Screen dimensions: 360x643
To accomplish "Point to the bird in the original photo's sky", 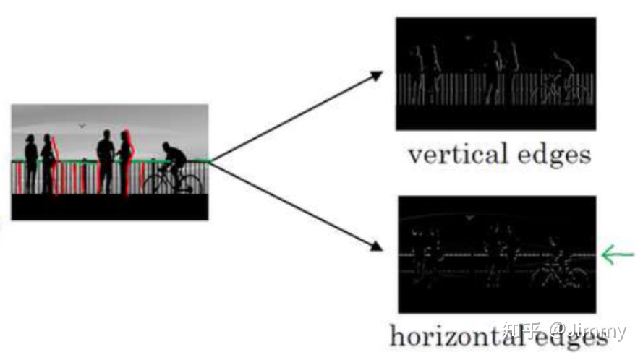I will pos(82,126).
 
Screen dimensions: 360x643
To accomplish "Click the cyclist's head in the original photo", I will pos(167,146).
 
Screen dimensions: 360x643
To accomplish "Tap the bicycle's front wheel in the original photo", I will pos(190,184).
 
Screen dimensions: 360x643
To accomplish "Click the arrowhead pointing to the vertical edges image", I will pos(377,74).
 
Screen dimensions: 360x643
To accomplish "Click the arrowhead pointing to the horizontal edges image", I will pos(376,247).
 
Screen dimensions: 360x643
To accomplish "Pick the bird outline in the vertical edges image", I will pos(468,38).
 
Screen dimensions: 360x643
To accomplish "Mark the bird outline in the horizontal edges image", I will pos(470,217).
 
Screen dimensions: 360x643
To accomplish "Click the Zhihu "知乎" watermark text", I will pos(521,332).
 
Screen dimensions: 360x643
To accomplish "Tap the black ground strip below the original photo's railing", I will pos(108,207).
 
